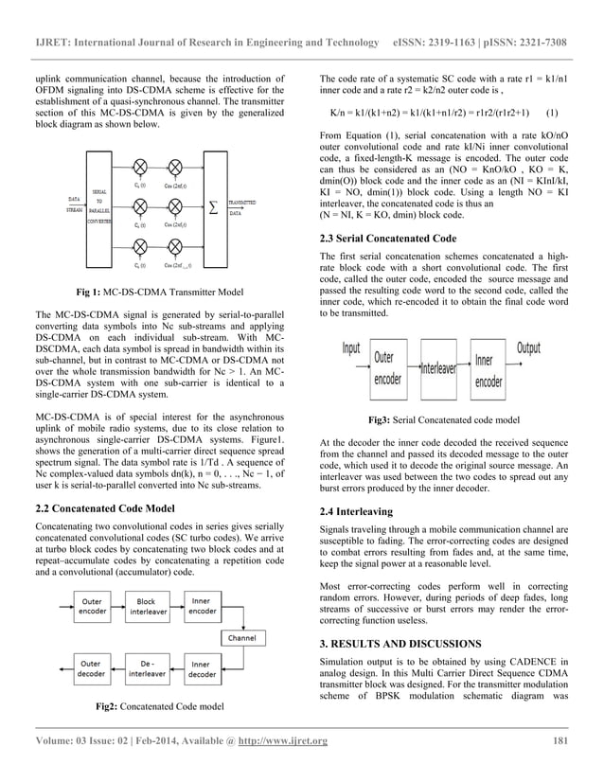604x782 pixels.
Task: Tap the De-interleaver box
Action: click(146, 669)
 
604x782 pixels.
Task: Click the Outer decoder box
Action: click(92, 669)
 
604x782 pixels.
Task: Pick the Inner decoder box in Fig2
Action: click(202, 669)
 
